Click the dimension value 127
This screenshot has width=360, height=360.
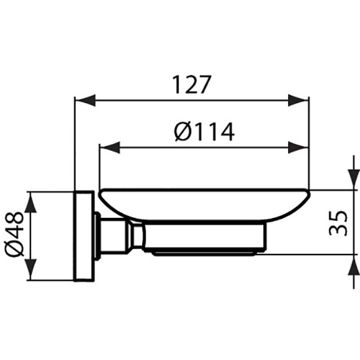[x=191, y=84]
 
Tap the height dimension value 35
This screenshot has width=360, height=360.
[x=338, y=222]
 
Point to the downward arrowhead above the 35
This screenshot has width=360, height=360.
[x=352, y=180]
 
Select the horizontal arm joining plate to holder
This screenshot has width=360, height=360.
[x=115, y=236]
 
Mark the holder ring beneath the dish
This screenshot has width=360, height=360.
[x=205, y=239]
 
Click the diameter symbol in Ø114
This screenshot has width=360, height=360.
[x=181, y=132]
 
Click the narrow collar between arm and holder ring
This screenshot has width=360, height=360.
[x=137, y=236]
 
